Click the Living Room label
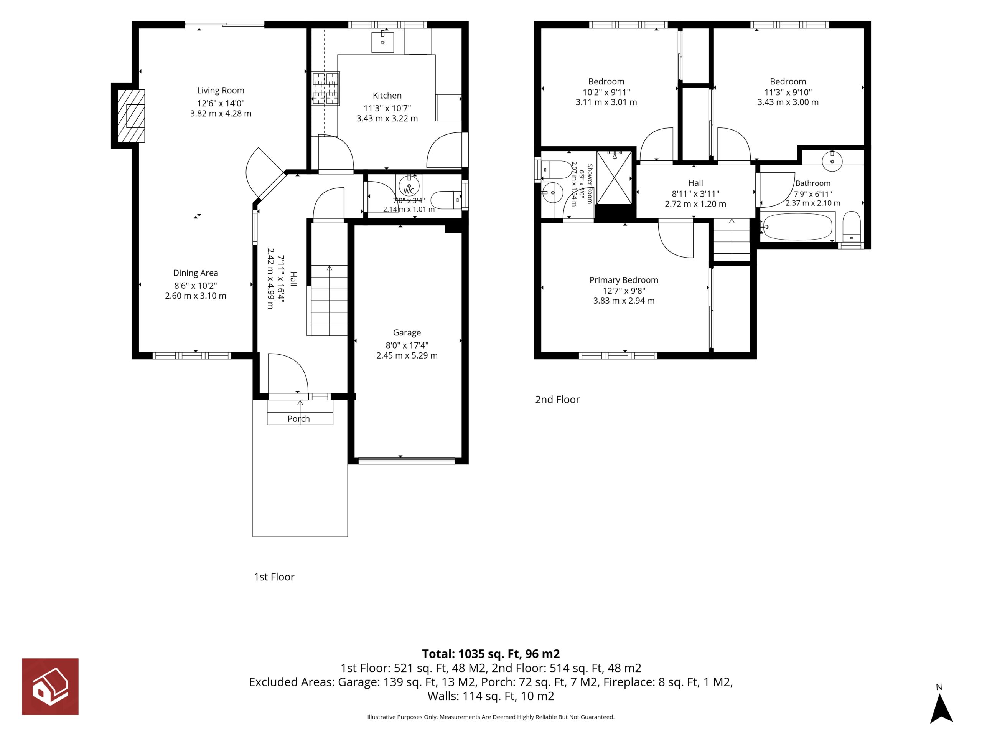click(x=221, y=91)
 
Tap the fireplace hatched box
click(x=131, y=116)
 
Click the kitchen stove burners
click(x=326, y=89)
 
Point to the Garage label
click(x=407, y=333)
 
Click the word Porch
click(x=299, y=418)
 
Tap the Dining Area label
click(x=196, y=273)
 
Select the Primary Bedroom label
click(x=624, y=280)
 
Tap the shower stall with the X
click(x=615, y=178)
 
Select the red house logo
click(x=50, y=686)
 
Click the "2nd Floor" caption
click(x=557, y=399)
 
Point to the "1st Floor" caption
click(x=274, y=577)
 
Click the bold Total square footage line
click(x=491, y=654)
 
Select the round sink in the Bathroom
click(x=832, y=161)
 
